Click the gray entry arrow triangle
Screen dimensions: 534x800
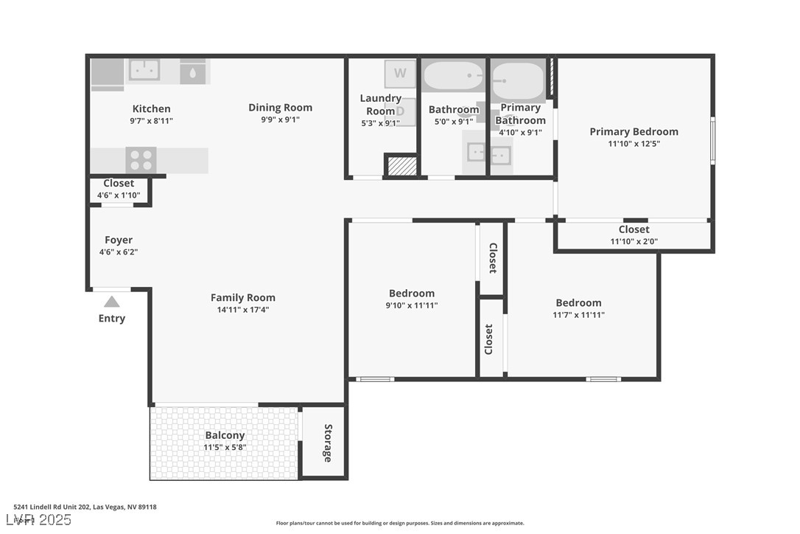point(111,302)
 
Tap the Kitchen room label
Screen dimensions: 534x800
point(151,108)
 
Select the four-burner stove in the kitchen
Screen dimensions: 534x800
point(141,160)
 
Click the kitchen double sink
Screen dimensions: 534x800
point(144,70)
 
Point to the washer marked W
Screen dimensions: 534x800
point(400,73)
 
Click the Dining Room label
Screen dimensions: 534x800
point(280,107)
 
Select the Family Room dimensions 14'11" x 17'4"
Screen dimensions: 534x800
point(243,310)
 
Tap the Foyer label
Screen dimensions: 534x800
point(119,240)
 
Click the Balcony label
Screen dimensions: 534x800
point(225,435)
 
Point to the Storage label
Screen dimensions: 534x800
point(328,443)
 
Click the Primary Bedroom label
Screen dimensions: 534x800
point(634,131)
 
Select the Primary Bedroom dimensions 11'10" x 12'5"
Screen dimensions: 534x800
point(634,144)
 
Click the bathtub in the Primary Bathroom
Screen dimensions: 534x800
point(518,80)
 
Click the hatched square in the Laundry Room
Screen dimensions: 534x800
point(402,166)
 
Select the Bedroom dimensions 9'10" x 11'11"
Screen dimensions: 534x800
point(412,305)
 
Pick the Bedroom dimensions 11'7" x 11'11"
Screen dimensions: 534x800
point(578,315)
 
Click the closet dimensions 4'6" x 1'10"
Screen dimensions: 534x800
point(119,195)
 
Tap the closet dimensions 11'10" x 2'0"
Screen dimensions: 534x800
point(634,241)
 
